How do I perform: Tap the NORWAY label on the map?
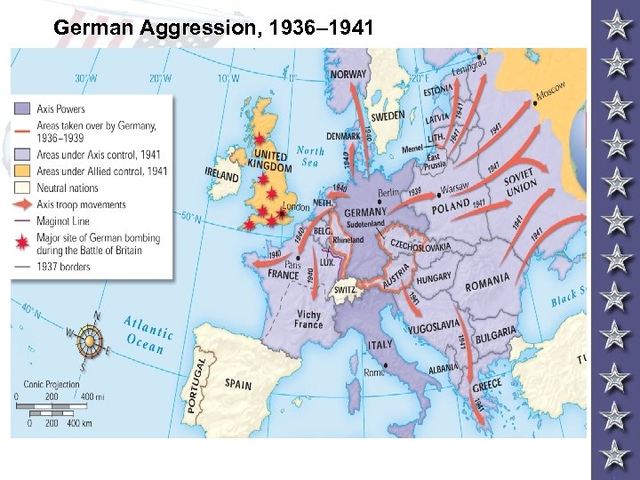[x=348, y=75]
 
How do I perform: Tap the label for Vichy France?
[x=308, y=319]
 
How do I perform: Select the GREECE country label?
[x=486, y=388]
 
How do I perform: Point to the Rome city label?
[x=374, y=372]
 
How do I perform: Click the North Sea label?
[x=310, y=156]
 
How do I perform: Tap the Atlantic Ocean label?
[x=146, y=334]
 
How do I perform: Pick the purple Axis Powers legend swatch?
[x=24, y=109]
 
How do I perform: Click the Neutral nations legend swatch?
[x=24, y=188]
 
